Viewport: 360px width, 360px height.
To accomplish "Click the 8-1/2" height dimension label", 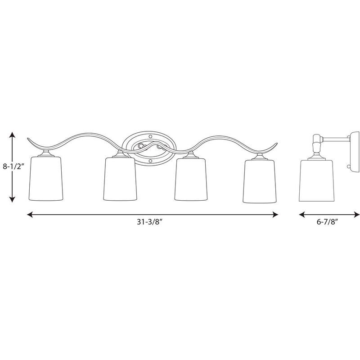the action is (x=13, y=166).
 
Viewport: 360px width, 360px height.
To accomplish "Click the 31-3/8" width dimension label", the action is (x=150, y=222).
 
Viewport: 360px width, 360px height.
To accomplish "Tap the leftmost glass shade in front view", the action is (x=46, y=179).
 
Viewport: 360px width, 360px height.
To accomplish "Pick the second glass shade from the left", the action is (x=120, y=179).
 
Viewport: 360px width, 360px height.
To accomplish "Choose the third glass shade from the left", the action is (x=191, y=179).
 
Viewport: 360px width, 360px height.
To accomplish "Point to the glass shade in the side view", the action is (x=317, y=180).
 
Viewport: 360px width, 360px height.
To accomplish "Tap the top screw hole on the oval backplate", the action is (x=150, y=137).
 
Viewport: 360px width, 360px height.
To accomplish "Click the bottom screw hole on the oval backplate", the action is (x=150, y=161).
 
